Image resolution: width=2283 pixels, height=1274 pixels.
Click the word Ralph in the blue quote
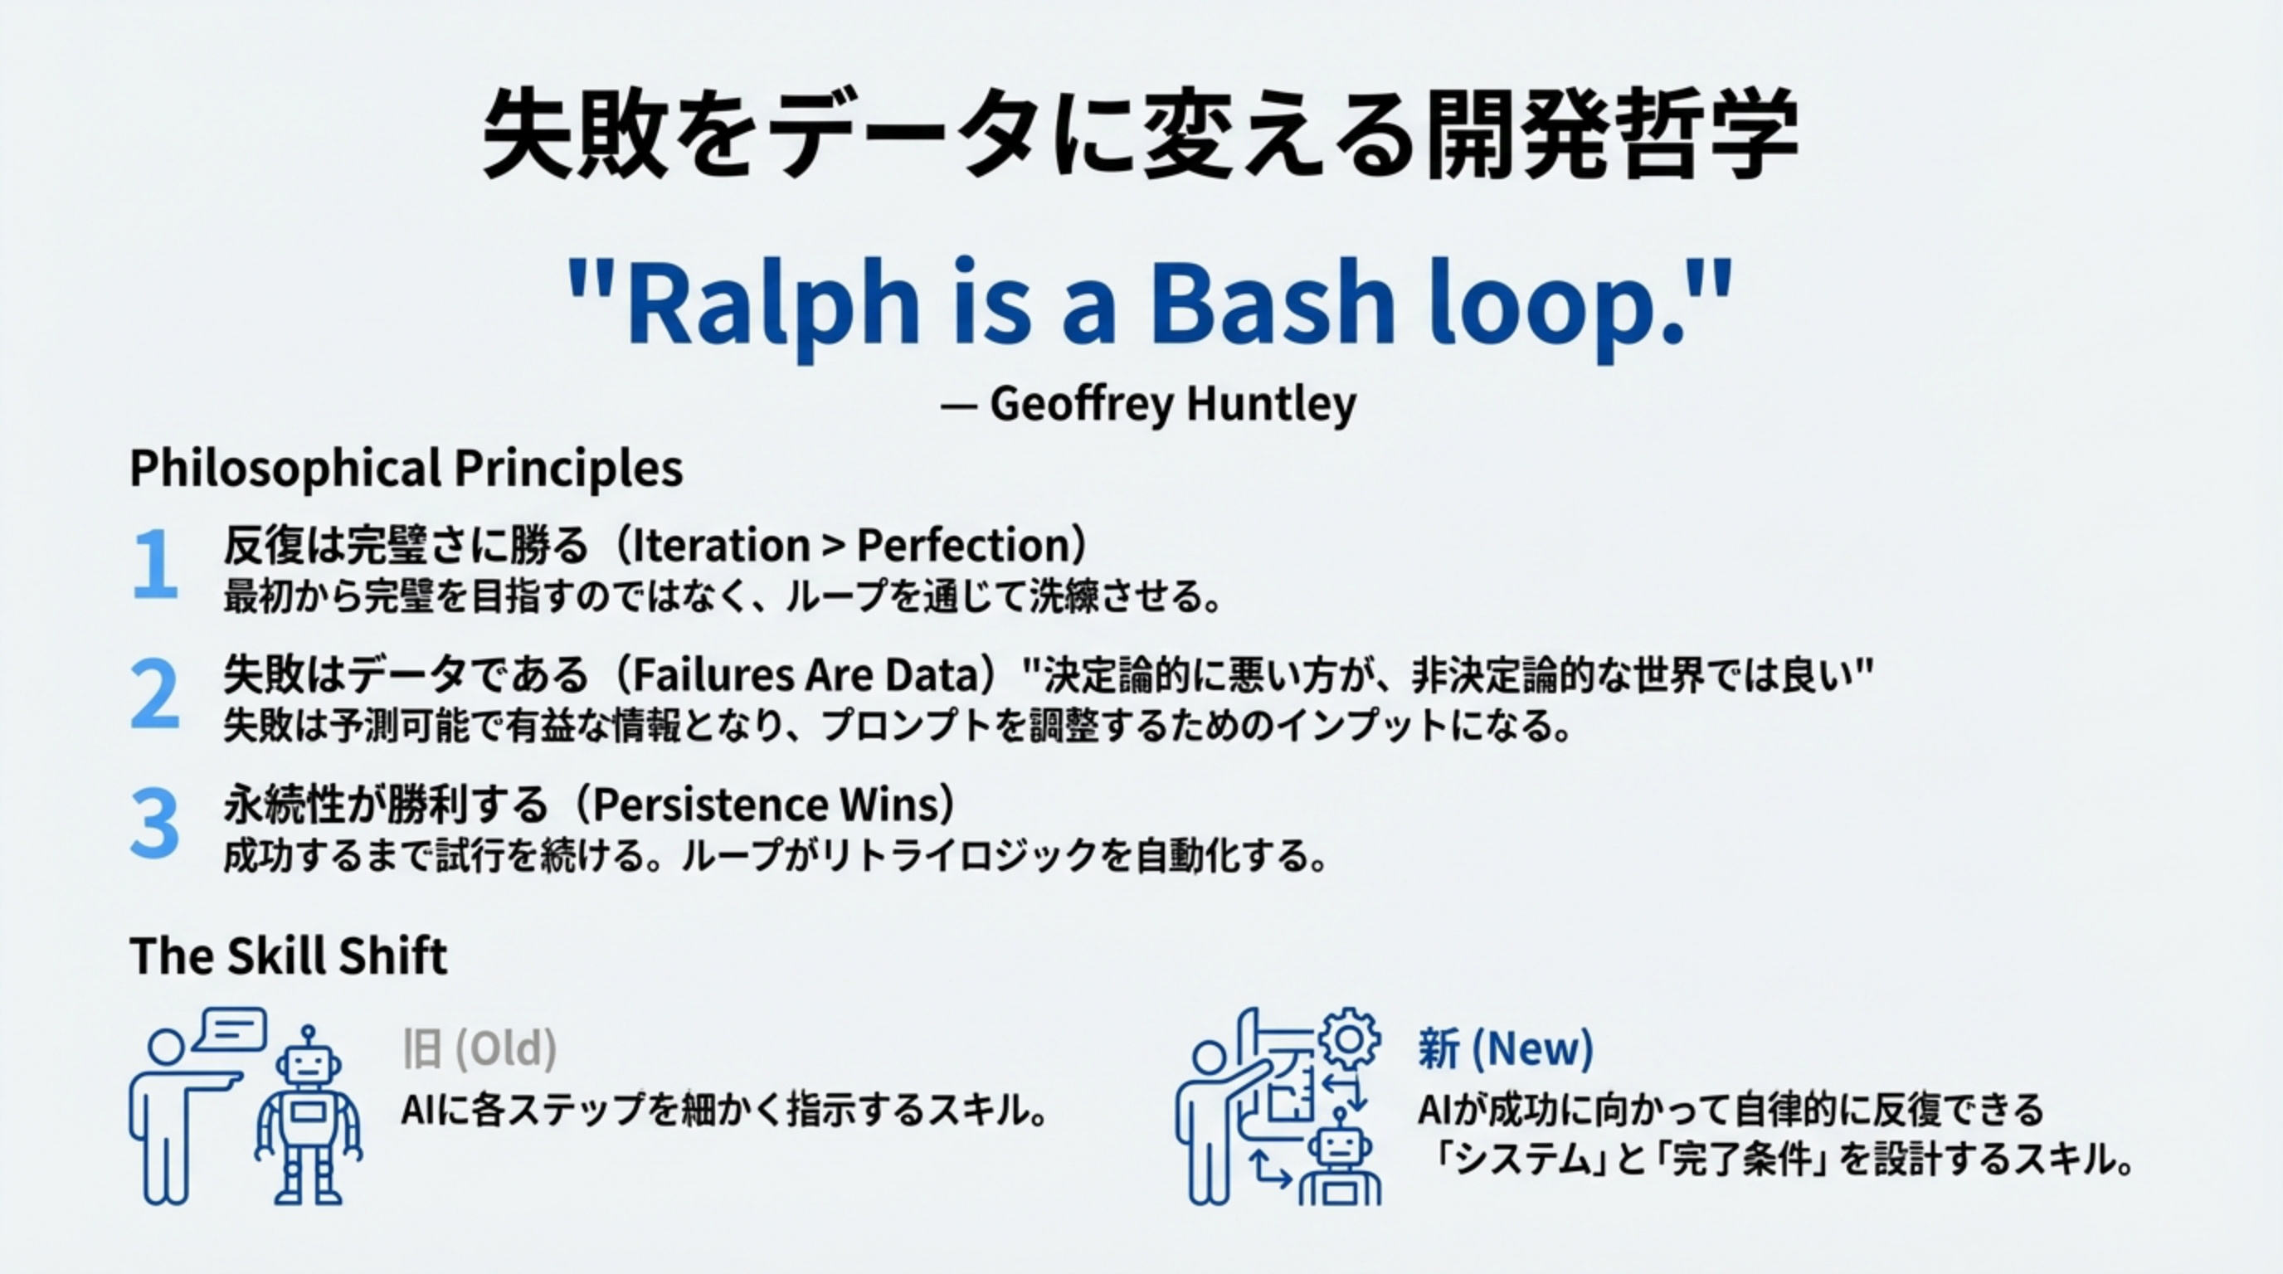point(771,306)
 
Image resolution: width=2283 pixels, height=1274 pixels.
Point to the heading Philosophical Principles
point(406,469)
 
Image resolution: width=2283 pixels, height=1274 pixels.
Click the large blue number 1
point(154,565)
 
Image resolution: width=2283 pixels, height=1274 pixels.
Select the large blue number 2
point(154,695)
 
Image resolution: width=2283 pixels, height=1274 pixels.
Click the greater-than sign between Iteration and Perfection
point(833,546)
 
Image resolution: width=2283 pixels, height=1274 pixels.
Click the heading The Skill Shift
point(288,957)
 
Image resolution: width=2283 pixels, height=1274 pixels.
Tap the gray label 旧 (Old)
point(479,1049)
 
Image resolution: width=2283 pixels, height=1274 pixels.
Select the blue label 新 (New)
point(1505,1049)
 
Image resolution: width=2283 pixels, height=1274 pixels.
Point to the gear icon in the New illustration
point(1349,1038)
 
